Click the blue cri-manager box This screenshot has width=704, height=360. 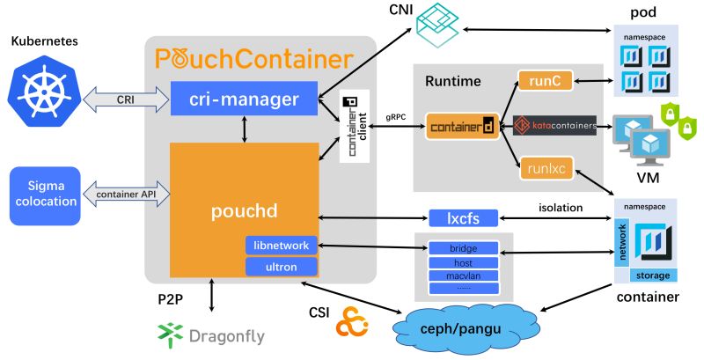point(244,99)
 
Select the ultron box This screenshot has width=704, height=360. point(280,266)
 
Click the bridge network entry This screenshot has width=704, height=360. point(463,248)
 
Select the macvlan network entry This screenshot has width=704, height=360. point(463,276)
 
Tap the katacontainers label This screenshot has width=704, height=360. point(554,126)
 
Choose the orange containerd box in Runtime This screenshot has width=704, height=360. point(462,127)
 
